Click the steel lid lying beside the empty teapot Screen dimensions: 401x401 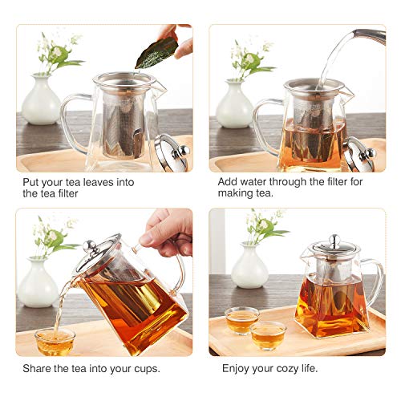point(171,151)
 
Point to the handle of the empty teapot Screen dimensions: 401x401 point(75,120)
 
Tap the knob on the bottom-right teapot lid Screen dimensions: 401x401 point(329,238)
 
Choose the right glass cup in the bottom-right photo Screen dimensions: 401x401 point(269,334)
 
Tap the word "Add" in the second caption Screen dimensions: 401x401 point(229,182)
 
